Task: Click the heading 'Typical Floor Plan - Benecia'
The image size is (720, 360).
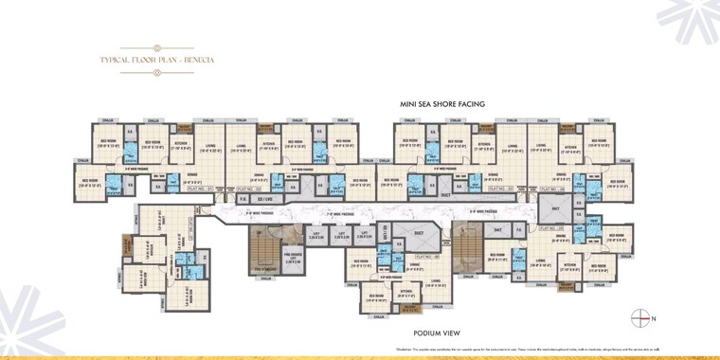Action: [157, 60]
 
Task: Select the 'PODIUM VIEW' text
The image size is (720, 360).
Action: [436, 333]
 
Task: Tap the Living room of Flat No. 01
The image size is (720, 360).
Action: [209, 147]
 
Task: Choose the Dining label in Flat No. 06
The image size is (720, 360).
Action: [414, 266]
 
